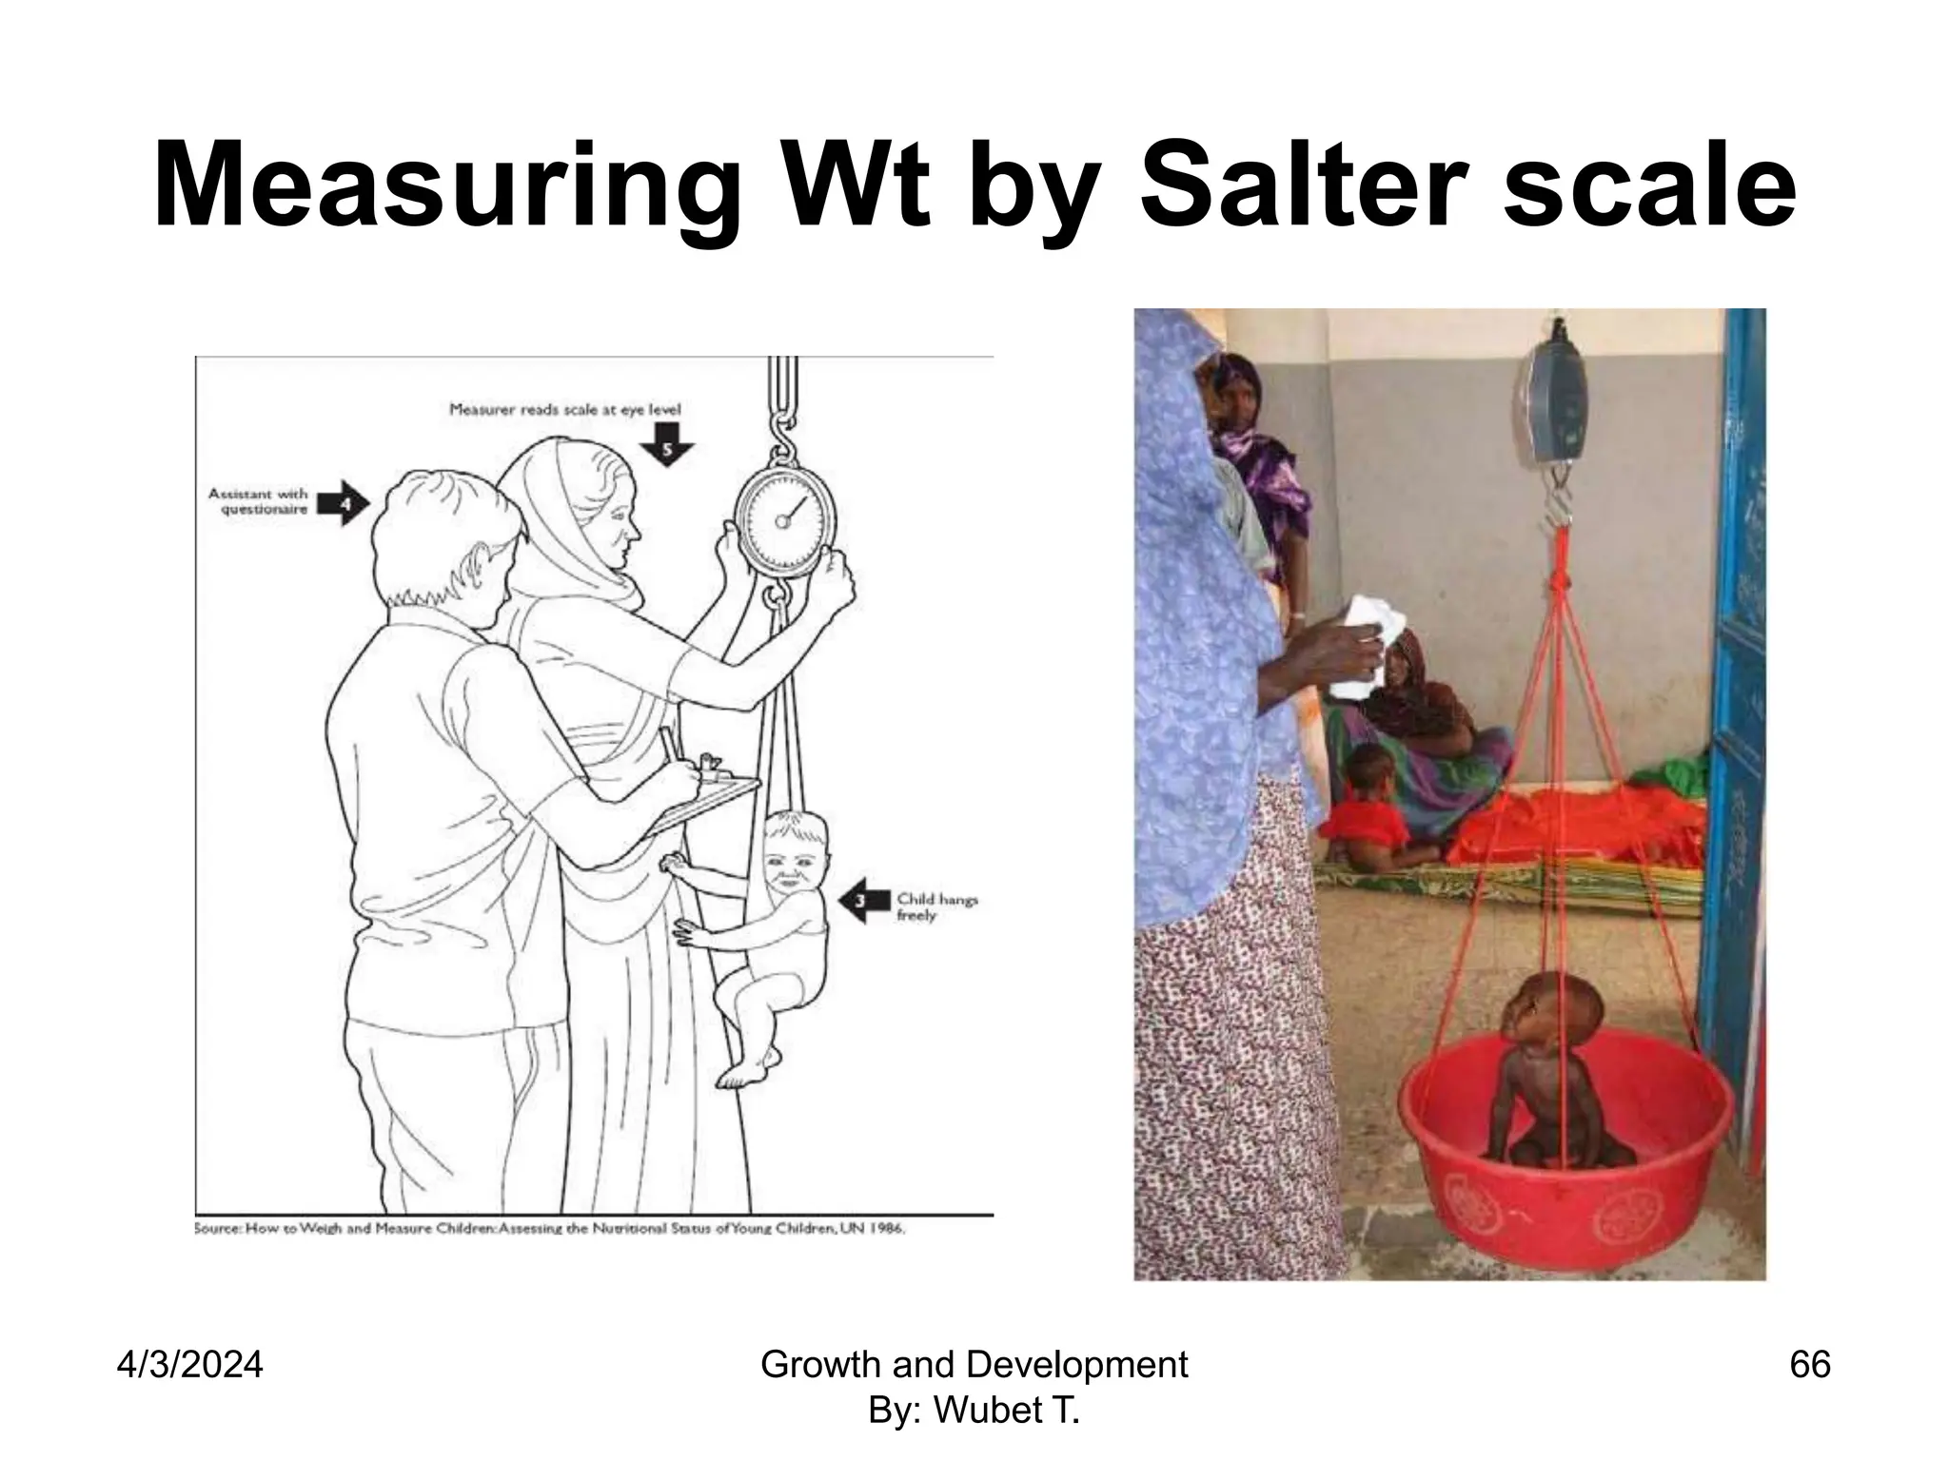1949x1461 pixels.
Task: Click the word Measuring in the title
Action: point(447,186)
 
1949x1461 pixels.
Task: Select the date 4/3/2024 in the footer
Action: point(189,1365)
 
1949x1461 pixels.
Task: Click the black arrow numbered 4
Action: point(343,502)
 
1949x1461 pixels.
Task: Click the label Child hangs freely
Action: point(936,906)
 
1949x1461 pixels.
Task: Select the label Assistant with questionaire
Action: point(258,501)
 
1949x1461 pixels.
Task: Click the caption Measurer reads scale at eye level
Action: point(565,410)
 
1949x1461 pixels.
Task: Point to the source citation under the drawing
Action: point(549,1228)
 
